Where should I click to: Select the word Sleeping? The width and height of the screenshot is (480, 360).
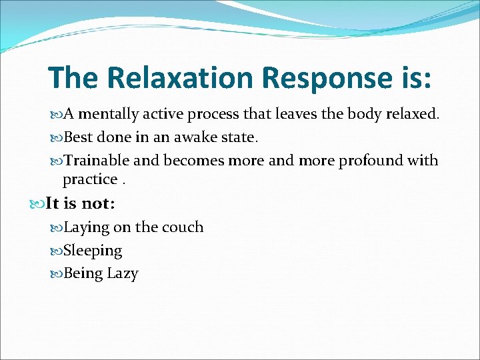click(x=93, y=251)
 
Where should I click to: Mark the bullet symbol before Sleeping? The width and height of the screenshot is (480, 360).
click(x=56, y=251)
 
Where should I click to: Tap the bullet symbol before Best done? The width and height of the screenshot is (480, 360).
click(x=56, y=137)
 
